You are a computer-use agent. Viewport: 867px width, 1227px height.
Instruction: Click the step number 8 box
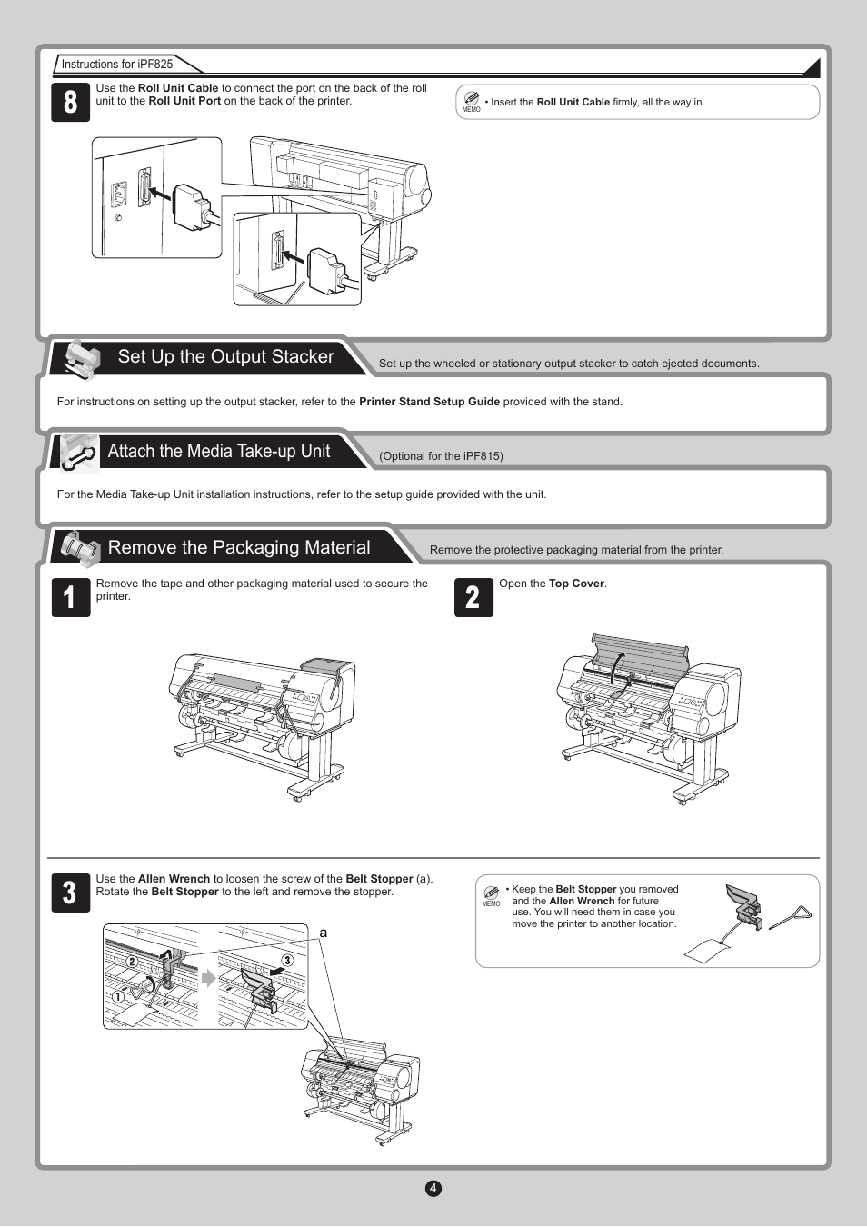(71, 102)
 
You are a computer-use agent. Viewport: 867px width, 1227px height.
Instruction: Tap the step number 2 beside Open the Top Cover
(473, 597)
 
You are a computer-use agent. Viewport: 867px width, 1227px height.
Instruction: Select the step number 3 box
(71, 893)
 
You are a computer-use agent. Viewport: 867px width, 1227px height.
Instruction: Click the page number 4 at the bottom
(433, 1188)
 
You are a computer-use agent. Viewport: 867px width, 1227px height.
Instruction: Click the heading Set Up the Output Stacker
(225, 357)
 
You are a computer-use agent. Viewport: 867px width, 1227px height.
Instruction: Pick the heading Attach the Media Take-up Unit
(218, 452)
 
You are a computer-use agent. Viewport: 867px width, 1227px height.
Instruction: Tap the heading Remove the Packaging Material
(239, 547)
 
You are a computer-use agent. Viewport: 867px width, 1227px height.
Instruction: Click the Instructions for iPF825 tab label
(117, 64)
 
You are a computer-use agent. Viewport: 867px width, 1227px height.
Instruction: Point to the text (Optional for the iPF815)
(441, 456)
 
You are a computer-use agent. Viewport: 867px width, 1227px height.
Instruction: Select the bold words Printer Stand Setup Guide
(429, 402)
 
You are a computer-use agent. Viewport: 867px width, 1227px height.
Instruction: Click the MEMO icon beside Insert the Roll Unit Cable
(471, 100)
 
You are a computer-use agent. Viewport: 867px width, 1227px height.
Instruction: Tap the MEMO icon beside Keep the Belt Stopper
(491, 894)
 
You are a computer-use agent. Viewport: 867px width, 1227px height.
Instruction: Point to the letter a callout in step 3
(323, 933)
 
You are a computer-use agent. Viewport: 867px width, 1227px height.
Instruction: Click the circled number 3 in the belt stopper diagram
(288, 960)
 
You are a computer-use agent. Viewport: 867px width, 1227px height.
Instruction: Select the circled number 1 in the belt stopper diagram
(118, 996)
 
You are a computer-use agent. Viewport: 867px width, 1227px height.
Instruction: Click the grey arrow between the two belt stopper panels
(209, 978)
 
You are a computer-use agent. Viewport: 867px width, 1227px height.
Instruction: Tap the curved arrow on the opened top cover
(616, 668)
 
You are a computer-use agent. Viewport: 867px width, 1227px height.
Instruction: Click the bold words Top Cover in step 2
(576, 584)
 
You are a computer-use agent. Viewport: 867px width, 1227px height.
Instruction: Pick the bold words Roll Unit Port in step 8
(184, 101)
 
